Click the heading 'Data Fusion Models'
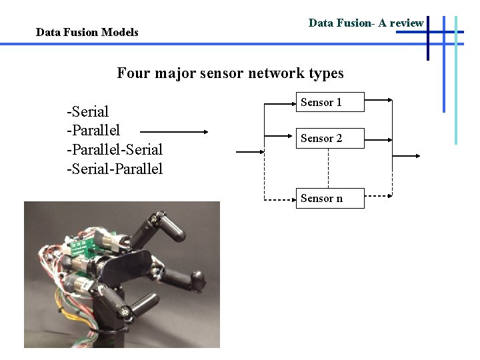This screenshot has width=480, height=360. pyautogui.click(x=87, y=32)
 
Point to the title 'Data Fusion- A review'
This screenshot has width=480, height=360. pyautogui.click(x=366, y=23)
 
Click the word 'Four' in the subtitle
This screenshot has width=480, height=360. pyautogui.click(x=134, y=73)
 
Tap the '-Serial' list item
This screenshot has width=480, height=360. pyautogui.click(x=87, y=111)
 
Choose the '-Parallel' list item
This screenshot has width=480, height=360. pyautogui.click(x=93, y=129)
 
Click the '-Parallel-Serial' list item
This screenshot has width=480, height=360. pyautogui.click(x=115, y=149)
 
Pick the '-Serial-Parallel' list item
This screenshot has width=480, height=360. pyautogui.click(x=115, y=168)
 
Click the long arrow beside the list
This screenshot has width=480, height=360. pyautogui.click(x=175, y=132)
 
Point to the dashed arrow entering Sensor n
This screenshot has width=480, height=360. pyautogui.click(x=280, y=199)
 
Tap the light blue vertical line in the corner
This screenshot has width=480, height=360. pyautogui.click(x=456, y=80)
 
